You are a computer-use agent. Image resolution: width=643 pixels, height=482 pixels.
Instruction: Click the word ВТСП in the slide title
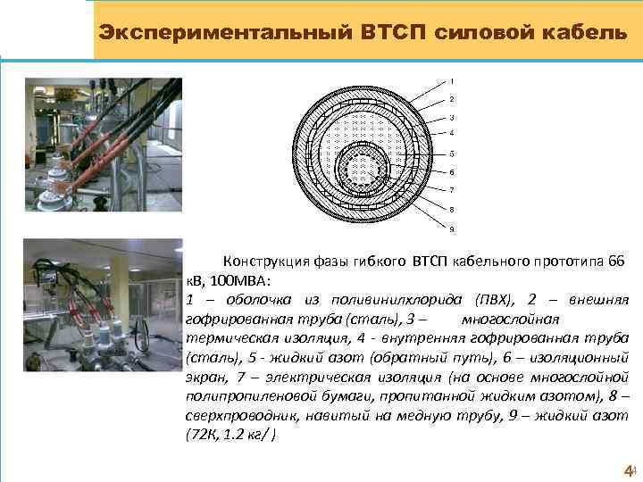click(396, 32)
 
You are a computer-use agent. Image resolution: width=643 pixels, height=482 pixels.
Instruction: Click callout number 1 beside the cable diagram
click(451, 81)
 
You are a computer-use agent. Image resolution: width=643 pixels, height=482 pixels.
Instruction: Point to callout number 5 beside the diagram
click(451, 153)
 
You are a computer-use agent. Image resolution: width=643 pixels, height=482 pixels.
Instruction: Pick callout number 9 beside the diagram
click(451, 229)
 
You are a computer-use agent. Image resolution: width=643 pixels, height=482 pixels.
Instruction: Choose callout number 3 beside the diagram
click(451, 117)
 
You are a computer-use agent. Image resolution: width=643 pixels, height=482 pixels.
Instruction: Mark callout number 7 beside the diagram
click(451, 190)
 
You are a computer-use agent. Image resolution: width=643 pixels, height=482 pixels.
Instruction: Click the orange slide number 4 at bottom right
click(627, 470)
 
